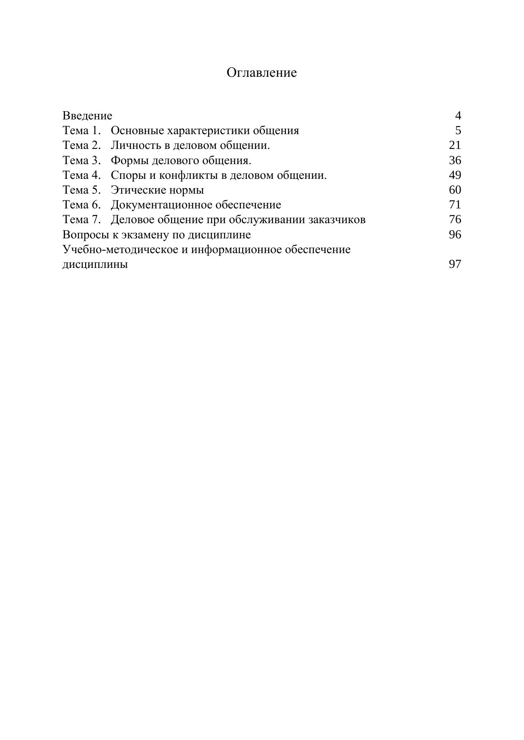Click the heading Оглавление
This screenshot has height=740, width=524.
(x=261, y=73)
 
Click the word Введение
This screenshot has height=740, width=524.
(x=87, y=116)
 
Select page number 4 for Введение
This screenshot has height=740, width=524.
(x=458, y=116)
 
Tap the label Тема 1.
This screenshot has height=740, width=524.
(x=82, y=130)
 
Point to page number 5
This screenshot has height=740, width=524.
(x=458, y=130)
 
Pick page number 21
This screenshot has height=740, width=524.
(x=455, y=145)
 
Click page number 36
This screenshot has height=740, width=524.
(x=455, y=160)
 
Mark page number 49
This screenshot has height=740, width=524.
(x=455, y=175)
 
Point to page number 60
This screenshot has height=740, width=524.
(x=455, y=190)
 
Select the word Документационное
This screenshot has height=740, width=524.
(x=161, y=205)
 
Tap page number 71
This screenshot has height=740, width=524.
(x=455, y=205)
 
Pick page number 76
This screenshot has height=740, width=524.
(x=455, y=220)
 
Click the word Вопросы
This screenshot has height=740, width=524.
(x=86, y=235)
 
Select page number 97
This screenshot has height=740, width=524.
(x=455, y=265)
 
